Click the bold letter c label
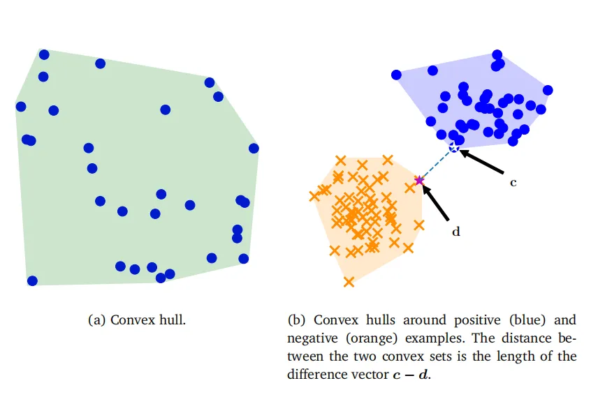pyautogui.click(x=513, y=183)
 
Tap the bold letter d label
pyautogui.click(x=455, y=232)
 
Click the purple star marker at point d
pyautogui.click(x=419, y=181)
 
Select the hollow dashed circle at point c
pyautogui.click(x=454, y=147)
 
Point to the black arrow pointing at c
pyautogui.click(x=482, y=162)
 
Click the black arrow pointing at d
pyautogui.click(x=435, y=202)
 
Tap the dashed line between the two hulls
pyautogui.click(x=437, y=164)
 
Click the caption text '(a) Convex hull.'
pyautogui.click(x=137, y=320)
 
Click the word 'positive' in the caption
pyautogui.click(x=477, y=320)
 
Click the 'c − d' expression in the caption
pyautogui.click(x=410, y=375)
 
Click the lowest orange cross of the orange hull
pyautogui.click(x=349, y=281)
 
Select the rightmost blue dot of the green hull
pyautogui.click(x=254, y=149)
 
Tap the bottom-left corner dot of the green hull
pyautogui.click(x=32, y=280)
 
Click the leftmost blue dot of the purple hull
pyautogui.click(x=396, y=75)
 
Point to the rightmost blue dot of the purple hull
pyautogui.click(x=548, y=90)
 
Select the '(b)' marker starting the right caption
pyautogui.click(x=296, y=320)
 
